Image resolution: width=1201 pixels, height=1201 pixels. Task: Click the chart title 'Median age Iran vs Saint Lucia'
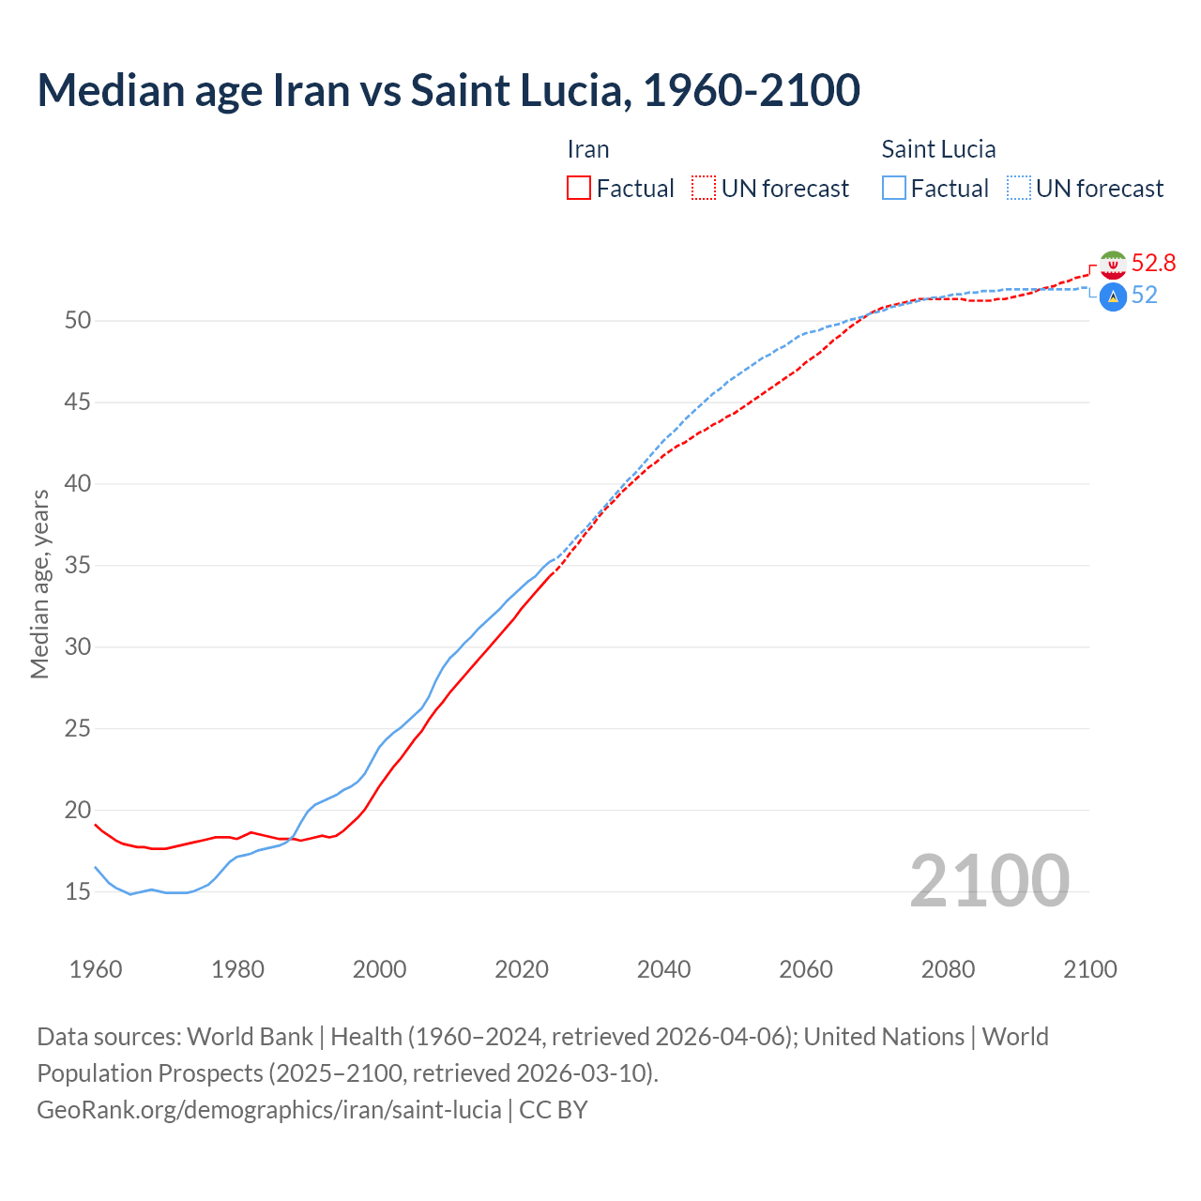[448, 90]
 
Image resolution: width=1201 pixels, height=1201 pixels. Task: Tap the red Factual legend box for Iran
[579, 188]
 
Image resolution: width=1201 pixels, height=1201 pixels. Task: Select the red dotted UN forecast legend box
[704, 188]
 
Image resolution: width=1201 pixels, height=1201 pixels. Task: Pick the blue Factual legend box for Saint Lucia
[893, 188]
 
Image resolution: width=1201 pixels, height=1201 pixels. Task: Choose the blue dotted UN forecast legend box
[1018, 188]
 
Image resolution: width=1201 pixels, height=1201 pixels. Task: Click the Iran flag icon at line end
[1113, 265]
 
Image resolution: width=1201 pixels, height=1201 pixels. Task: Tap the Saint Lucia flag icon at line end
[1113, 297]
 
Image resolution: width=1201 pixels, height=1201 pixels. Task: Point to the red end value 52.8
[1153, 264]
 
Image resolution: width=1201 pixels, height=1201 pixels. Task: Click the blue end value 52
[1144, 296]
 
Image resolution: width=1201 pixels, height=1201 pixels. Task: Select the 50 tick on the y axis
[78, 321]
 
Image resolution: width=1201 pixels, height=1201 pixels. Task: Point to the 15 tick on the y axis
[78, 891]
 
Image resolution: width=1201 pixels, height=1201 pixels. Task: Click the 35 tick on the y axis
[78, 566]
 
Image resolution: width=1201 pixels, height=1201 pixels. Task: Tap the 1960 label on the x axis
[96, 969]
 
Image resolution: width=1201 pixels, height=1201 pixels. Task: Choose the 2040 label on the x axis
[663, 969]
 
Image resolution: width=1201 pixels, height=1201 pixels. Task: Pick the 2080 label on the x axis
[948, 969]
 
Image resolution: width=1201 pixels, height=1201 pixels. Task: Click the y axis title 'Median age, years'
[39, 584]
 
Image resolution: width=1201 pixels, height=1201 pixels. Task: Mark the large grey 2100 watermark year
[989, 880]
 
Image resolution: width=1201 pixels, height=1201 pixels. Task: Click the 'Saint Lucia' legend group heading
[938, 149]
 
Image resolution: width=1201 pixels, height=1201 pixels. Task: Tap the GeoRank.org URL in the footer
[268, 1110]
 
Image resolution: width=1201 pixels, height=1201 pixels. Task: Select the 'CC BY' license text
[554, 1110]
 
